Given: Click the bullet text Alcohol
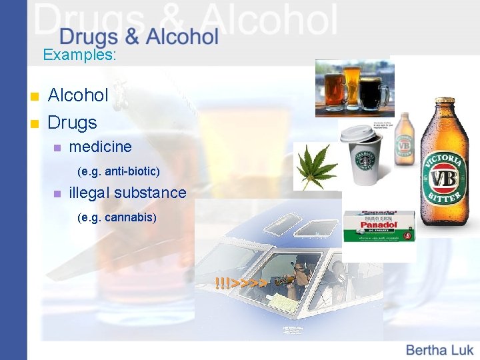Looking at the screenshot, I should pos(78,95).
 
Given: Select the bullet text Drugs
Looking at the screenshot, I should pos(72,123).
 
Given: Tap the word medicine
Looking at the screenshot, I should pos(100,146).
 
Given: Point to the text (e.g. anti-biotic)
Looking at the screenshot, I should pos(119,171).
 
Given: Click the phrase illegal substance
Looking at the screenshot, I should pos(127,193).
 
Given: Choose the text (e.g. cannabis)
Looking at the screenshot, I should pos(117,217).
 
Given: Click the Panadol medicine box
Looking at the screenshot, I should pos(379,227).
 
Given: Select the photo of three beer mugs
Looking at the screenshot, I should pos(354,88).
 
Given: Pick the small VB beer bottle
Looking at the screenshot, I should pos(405,141).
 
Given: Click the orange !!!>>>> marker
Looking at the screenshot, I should pos(241,283).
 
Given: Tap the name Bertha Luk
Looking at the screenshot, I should pos(439,349).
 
